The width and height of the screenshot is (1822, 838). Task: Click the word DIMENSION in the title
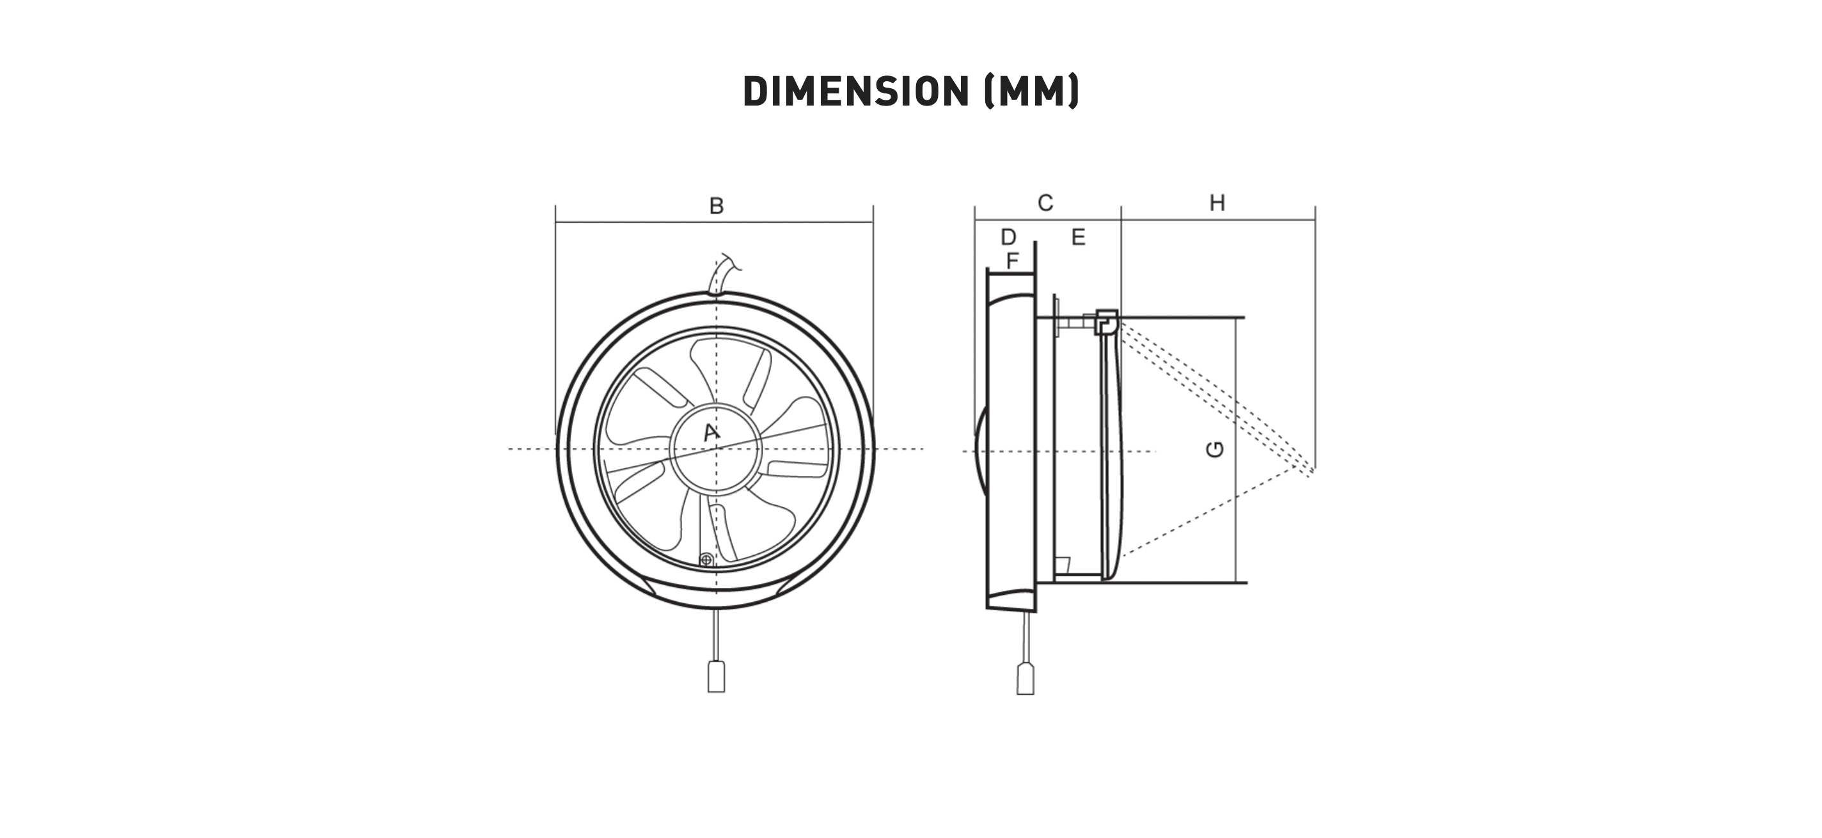coord(856,91)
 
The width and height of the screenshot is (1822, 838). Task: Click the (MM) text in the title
coord(1032,91)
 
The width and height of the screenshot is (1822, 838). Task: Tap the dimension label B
coord(717,206)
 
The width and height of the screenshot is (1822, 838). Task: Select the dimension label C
coord(1045,203)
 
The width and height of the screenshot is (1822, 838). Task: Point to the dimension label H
coord(1217,203)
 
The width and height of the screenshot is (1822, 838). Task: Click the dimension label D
coord(1009,237)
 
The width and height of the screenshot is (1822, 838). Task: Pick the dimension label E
coord(1079,237)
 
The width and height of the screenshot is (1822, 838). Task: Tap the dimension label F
coord(1012,261)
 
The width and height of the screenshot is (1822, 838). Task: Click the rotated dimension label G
coord(1215,449)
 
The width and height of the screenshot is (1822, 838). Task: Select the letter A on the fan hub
coord(711,432)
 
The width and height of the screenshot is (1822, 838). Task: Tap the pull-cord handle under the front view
coord(717,677)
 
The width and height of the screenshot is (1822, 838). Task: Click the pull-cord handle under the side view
coord(1026,679)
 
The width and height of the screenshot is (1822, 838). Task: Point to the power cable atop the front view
coord(722,274)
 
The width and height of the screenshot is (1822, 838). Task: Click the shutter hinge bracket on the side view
coord(1106,322)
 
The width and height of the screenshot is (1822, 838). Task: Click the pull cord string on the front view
coord(717,635)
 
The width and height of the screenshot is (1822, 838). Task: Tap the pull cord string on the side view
coord(1025,638)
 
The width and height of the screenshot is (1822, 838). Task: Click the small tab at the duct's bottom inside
coord(1061,565)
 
